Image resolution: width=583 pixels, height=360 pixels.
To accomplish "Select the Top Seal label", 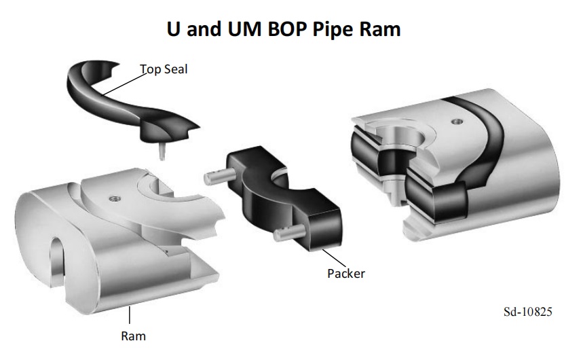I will coord(164,69).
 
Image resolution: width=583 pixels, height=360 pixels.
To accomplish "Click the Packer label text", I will coord(346,274).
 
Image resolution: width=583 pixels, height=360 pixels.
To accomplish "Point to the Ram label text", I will coord(133,335).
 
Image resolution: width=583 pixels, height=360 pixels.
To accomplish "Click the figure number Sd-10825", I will coord(527,312).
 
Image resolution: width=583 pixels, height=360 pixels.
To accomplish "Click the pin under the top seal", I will coord(161,150).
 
